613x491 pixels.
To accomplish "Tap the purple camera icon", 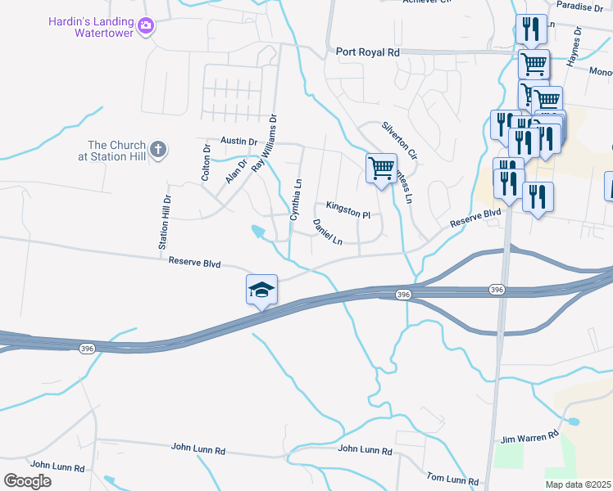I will point(146,26).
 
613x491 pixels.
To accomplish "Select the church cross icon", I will point(159,150).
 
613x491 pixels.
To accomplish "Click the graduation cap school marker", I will point(261,290).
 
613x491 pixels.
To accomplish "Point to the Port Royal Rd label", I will point(368,52).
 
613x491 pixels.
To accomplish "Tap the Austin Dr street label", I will point(239,142).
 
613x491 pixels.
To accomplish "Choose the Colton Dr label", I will point(207,161).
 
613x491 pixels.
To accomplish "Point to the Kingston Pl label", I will point(348,210).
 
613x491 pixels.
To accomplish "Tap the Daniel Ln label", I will point(327,232).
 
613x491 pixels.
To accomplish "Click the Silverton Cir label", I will point(399,141).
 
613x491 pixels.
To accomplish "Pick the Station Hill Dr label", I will point(165,222).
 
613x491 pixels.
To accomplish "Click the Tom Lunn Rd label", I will point(452,478).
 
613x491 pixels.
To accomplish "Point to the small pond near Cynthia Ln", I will point(260,232).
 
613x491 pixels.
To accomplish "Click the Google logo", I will point(28,481).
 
